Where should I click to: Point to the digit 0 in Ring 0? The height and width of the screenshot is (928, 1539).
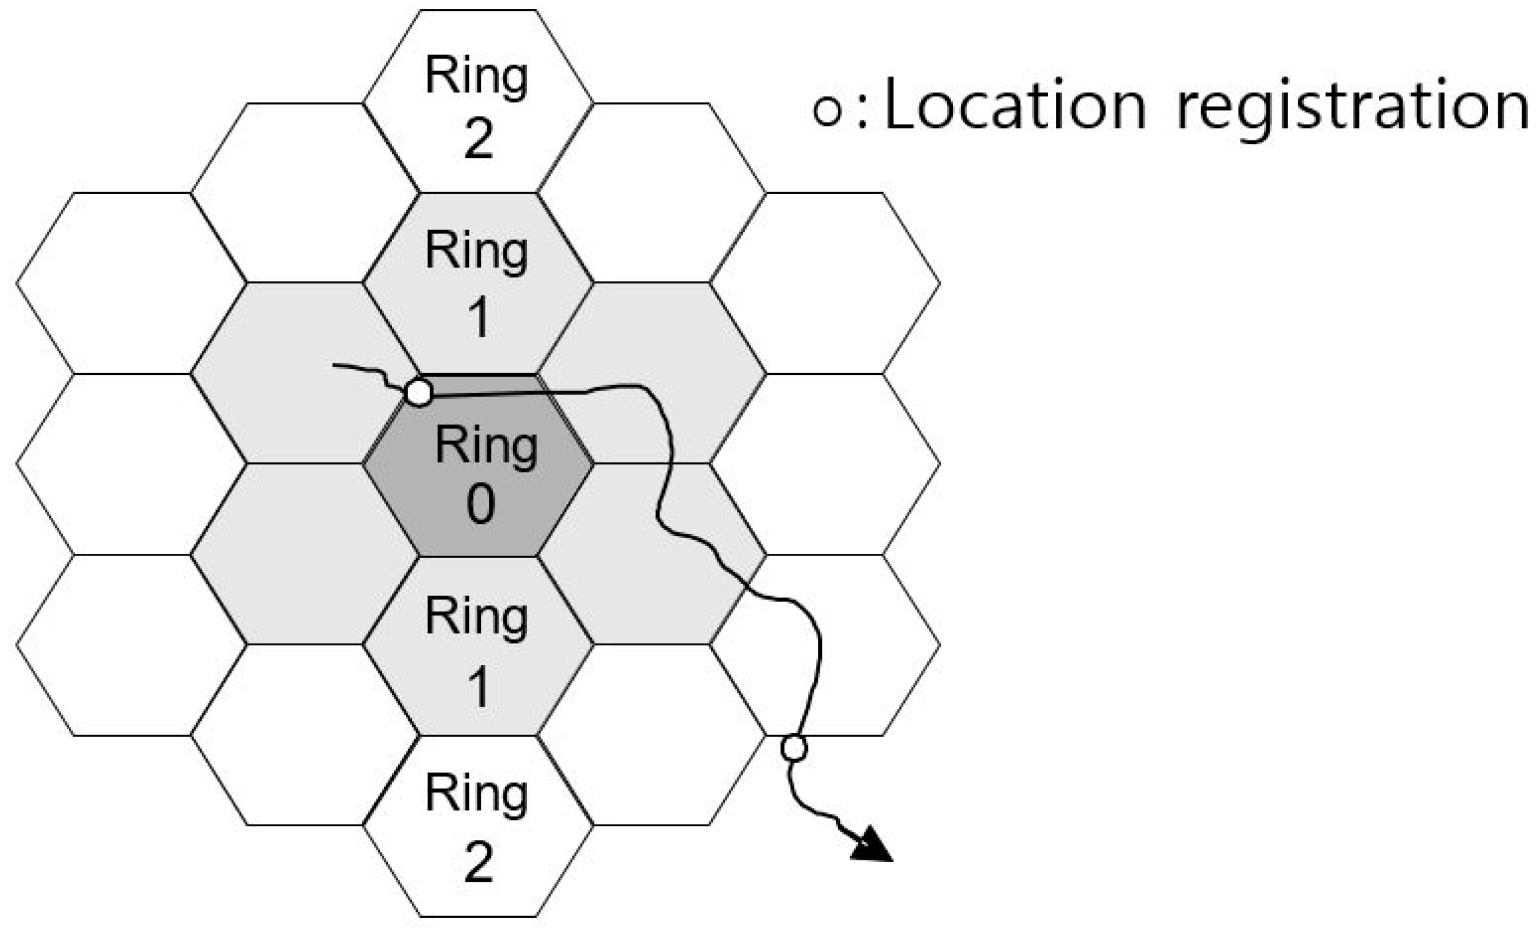click(481, 505)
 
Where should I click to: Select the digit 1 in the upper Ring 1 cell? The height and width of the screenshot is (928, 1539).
click(479, 318)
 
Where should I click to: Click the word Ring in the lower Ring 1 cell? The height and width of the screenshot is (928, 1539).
click(476, 618)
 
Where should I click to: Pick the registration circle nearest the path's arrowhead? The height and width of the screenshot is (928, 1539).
click(794, 748)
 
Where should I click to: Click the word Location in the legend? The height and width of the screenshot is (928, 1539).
click(1015, 106)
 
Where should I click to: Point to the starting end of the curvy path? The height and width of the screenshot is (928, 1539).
click(335, 365)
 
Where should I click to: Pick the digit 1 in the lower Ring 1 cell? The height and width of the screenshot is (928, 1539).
click(479, 687)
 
